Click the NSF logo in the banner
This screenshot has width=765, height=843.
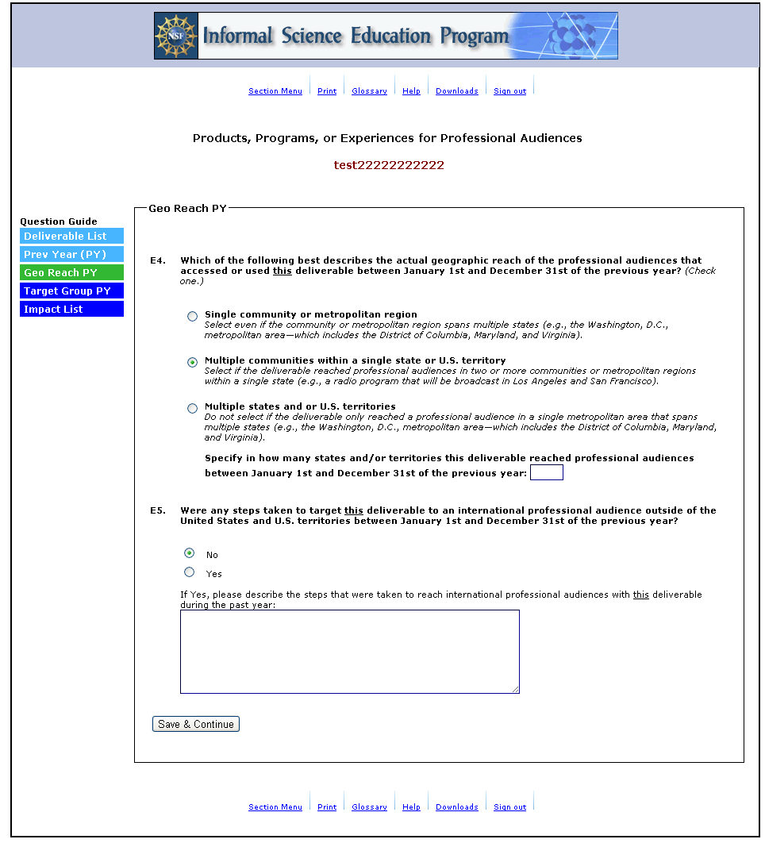(175, 36)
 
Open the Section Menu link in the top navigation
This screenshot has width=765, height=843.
(275, 91)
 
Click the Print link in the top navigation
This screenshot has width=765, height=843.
(327, 91)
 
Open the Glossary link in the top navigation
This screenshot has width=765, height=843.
(369, 91)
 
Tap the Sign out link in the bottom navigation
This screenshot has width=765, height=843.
(509, 807)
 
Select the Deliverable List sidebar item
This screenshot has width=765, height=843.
(71, 237)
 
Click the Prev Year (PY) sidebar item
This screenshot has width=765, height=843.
(71, 255)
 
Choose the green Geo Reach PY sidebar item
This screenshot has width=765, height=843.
(71, 273)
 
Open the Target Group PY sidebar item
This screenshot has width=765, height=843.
(71, 291)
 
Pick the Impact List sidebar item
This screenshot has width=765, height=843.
(71, 310)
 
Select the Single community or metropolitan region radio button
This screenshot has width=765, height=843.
(192, 317)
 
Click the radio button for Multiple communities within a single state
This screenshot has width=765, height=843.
(192, 363)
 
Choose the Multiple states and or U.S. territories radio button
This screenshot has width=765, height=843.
(192, 409)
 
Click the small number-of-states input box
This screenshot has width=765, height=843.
(546, 473)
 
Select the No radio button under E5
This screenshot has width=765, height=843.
(189, 553)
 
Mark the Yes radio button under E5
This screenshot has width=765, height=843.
(189, 572)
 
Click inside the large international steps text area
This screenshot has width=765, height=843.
(349, 651)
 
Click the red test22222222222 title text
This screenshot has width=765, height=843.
(389, 165)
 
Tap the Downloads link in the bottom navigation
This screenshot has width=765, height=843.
(456, 807)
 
